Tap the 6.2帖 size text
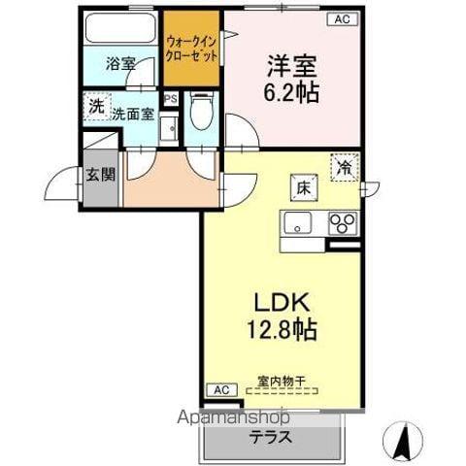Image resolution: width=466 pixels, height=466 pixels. tap(293, 94)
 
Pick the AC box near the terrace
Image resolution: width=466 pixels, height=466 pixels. tap(220, 389)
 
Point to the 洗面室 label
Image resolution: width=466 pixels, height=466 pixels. tap(132, 114)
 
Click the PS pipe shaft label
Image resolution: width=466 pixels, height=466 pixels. tap(171, 99)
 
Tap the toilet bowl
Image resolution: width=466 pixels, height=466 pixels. tap(201, 114)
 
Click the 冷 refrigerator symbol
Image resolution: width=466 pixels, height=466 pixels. tap(345, 168)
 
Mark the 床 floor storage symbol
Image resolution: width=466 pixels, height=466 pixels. tap(302, 186)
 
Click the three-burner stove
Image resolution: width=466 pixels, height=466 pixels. tap(343, 223)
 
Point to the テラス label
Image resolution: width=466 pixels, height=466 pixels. tap(272, 437)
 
